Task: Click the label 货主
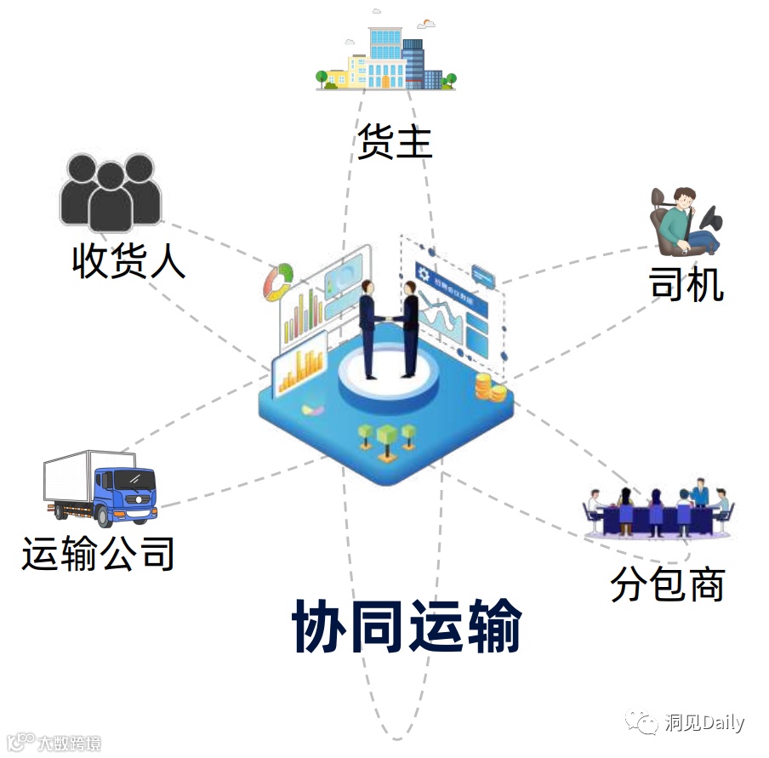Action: tap(395, 140)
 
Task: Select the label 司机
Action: tap(686, 283)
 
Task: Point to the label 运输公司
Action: tap(99, 553)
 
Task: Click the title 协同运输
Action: tap(407, 627)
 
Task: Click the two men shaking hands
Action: tap(388, 328)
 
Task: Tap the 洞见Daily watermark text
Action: tap(703, 723)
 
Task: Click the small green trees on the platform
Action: tap(387, 436)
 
